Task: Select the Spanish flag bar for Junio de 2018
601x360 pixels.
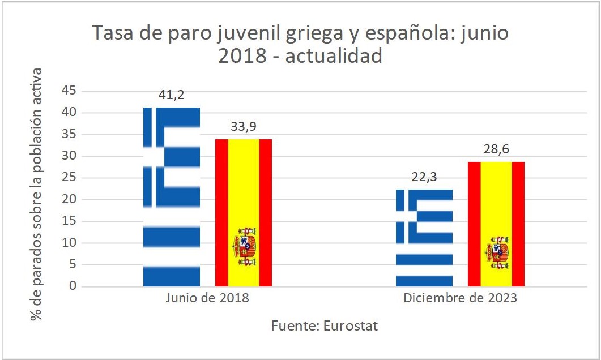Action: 244,212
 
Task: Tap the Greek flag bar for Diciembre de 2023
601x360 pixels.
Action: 424,238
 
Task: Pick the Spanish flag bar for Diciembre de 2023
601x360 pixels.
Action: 496,224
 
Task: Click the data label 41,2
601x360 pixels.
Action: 171,96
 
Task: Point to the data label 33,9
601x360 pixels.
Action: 244,127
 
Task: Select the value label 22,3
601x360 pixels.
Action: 424,178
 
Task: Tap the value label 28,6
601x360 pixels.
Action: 496,151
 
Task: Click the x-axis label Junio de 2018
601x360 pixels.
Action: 207,298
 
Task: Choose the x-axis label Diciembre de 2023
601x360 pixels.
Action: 460,298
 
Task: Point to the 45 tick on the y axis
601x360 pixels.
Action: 69,91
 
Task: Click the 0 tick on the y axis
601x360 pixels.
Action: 73,286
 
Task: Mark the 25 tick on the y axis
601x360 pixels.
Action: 69,178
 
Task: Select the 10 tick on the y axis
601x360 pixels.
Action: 69,243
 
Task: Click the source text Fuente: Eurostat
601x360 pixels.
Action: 324,326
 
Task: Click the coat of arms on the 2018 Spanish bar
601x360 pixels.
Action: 244,247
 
